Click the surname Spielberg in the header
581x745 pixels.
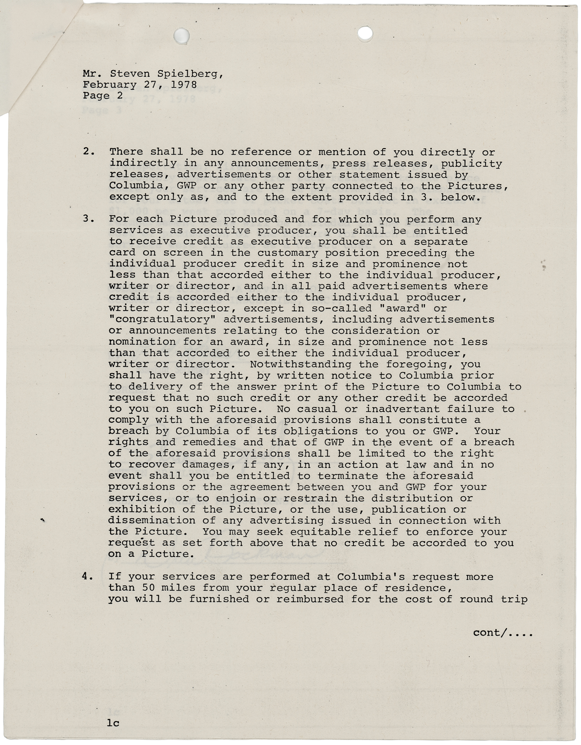(x=190, y=74)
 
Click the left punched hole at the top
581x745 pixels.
(x=182, y=36)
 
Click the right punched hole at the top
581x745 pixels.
(x=365, y=33)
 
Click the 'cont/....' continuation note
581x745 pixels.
(x=502, y=633)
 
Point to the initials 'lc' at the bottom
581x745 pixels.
(x=113, y=723)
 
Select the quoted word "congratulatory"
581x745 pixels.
(x=162, y=320)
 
